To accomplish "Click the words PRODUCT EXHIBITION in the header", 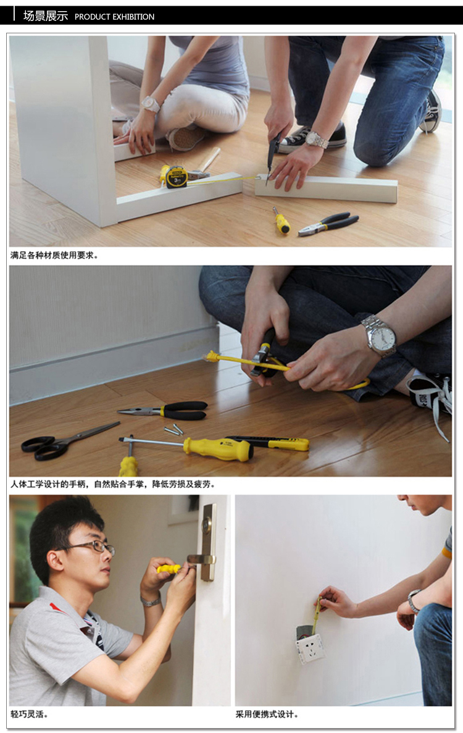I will pos(114,17).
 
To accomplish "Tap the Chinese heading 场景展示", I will pos(46,16).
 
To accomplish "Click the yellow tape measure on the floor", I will pos(174,176).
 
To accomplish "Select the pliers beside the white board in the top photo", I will pos(329,224).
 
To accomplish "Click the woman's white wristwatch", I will pos(150,104).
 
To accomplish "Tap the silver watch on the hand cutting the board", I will pos(317,140).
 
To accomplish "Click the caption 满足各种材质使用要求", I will pos(54,255).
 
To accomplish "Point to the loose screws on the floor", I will pos(173,429).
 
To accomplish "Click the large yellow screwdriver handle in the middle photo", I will pos(217,448).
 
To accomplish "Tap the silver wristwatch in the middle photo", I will pos(379,335).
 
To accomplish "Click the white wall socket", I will pos(310,648).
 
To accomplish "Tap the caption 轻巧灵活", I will pos(29,714).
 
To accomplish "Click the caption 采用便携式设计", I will pos(267,714).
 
